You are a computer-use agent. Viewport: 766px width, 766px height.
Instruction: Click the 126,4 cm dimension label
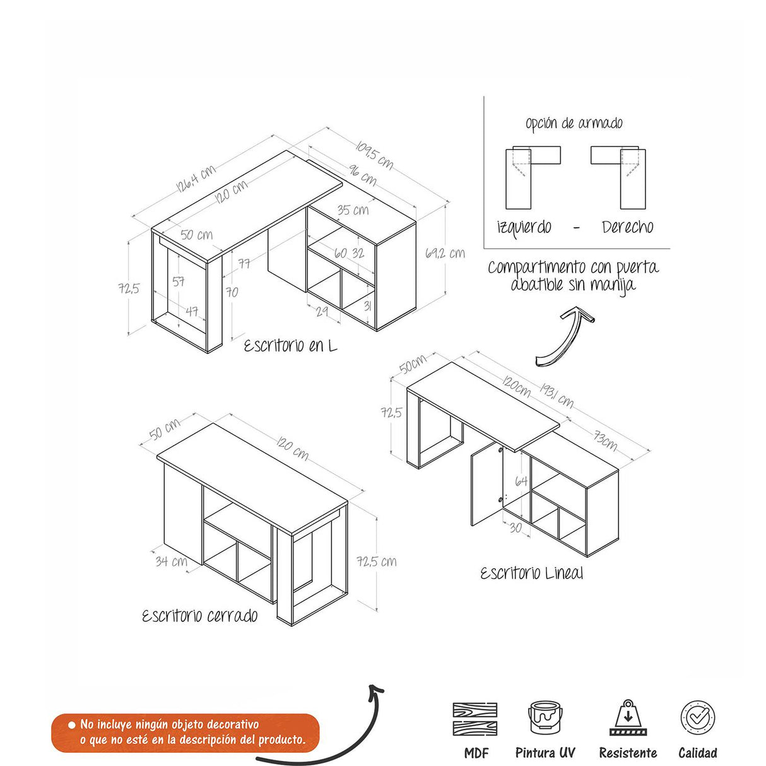point(196,178)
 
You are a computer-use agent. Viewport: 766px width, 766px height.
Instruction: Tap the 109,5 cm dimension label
point(374,155)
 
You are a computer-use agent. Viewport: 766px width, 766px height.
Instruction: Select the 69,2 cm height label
point(445,253)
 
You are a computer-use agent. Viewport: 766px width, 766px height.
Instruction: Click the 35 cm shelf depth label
point(353,209)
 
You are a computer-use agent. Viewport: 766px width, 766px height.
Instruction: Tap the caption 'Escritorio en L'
point(290,346)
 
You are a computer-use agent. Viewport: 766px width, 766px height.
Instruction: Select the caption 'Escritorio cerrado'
point(200,616)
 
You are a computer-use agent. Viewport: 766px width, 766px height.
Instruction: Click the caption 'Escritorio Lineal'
point(531,574)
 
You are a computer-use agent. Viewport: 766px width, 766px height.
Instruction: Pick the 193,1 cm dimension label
point(557,395)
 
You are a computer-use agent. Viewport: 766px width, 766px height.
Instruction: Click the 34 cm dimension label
point(171,561)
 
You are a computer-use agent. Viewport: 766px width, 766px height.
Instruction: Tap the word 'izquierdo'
point(524,227)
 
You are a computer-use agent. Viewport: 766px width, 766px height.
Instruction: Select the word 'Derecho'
point(627,227)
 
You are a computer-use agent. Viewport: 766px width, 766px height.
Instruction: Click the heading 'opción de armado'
point(574,123)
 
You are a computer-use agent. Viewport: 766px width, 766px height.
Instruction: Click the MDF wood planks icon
point(475,718)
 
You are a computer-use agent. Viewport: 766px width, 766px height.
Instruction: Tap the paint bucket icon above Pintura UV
point(545,717)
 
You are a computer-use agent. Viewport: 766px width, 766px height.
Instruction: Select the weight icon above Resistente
point(628,717)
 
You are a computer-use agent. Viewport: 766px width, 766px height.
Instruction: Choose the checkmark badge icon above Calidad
point(698,717)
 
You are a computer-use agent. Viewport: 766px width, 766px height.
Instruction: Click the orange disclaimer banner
point(186,733)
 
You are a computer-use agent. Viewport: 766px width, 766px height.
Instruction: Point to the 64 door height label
point(521,481)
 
